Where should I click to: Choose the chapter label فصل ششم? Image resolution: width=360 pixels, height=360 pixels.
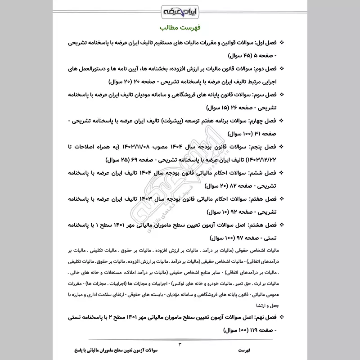[x=264, y=172]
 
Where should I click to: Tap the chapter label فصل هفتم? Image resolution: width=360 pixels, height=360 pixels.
[x=263, y=198]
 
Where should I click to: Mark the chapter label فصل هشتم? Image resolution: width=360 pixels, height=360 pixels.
[x=263, y=224]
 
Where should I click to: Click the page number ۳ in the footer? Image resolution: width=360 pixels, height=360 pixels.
[x=180, y=345]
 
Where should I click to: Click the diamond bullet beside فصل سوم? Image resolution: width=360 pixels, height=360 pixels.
[x=282, y=96]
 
